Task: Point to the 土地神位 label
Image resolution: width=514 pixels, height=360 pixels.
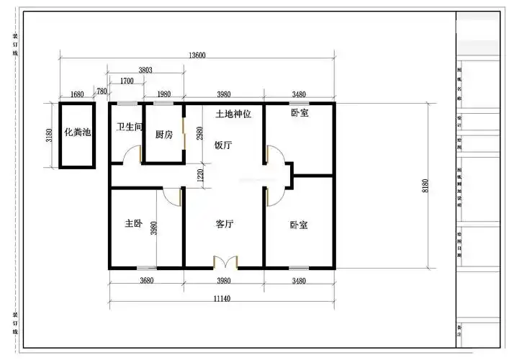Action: pos(233,114)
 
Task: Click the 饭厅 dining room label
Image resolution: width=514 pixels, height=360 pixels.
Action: pos(223,144)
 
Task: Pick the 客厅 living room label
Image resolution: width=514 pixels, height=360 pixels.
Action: pos(225,224)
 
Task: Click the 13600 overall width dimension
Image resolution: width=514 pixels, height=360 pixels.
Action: pos(197,55)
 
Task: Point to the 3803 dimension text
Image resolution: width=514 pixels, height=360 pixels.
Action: pos(145,70)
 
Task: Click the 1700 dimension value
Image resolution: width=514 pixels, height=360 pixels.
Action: pos(127,81)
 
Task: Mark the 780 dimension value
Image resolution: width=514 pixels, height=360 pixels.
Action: pos(102,91)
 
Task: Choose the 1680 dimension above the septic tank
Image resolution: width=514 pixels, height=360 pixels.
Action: pos(78,94)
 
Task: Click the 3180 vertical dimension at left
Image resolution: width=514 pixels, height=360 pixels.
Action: pos(49,135)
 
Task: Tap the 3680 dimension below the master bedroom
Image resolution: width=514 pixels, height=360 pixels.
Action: pos(146,281)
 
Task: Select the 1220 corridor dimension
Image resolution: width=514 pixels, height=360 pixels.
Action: pos(202,174)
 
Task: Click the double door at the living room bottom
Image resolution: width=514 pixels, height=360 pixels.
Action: pos(225,261)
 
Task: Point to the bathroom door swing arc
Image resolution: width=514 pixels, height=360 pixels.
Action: pos(132,154)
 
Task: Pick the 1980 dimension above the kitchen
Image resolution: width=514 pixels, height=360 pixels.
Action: pos(163,94)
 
